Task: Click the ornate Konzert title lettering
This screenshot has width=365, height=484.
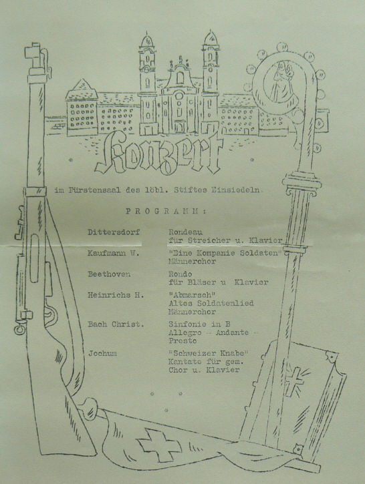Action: [158, 154]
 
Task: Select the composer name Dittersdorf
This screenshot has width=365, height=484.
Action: [114, 232]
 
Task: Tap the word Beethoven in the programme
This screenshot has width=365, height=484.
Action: [109, 274]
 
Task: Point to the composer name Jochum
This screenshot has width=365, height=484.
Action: [102, 353]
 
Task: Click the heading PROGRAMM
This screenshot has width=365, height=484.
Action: [166, 212]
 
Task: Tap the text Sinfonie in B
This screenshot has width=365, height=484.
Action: [199, 324]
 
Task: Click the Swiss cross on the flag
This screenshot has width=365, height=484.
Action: [159, 445]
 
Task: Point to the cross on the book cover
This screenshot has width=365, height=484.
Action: [293, 381]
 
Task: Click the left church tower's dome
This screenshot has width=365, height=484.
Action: [147, 40]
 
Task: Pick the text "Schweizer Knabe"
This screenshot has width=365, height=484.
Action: [209, 353]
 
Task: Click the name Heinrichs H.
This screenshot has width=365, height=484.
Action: [116, 295]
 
